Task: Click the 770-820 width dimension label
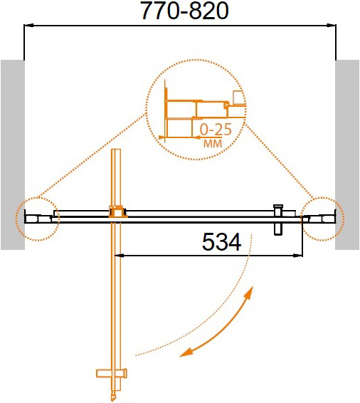click(185, 11)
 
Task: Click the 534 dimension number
click(221, 242)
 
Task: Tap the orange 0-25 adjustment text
click(216, 130)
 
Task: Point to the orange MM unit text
click(213, 143)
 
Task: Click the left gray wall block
click(13, 155)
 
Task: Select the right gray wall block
click(347, 155)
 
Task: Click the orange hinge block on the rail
click(118, 212)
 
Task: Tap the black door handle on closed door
click(278, 220)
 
